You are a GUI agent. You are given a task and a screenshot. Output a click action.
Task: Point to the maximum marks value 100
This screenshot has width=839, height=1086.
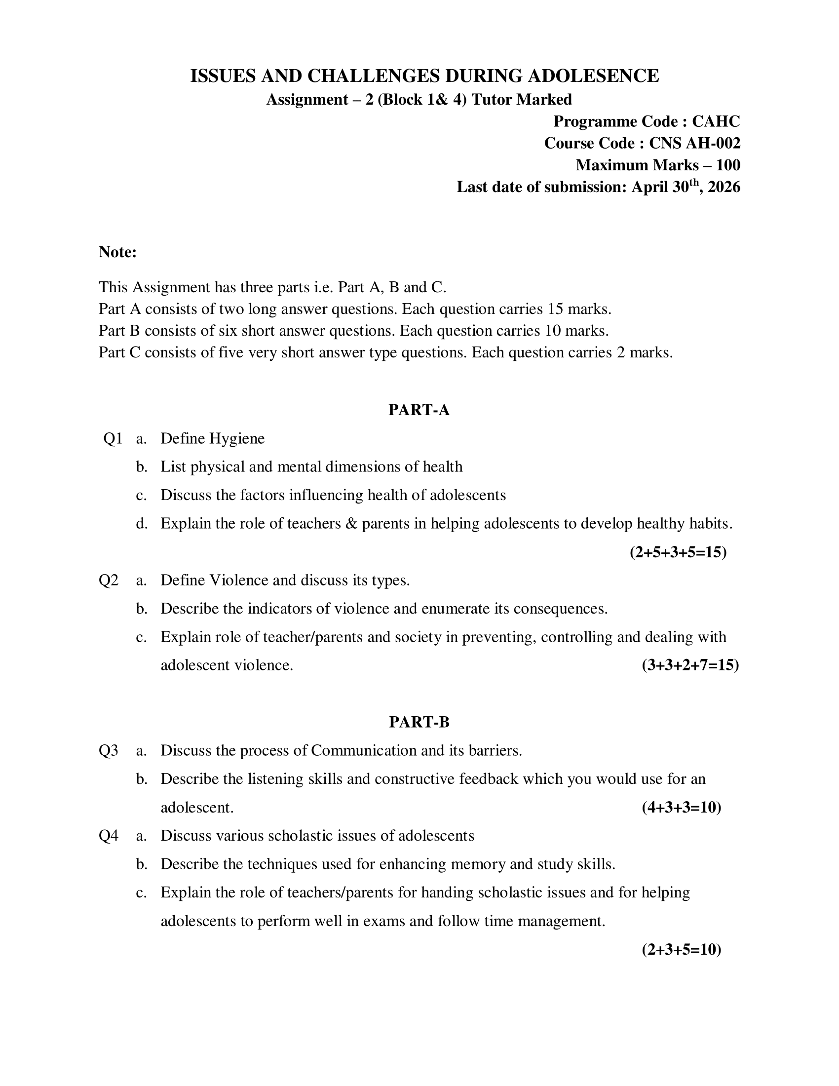pyautogui.click(x=727, y=165)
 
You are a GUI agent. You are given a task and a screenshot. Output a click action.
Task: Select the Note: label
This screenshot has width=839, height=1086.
pyautogui.click(x=118, y=252)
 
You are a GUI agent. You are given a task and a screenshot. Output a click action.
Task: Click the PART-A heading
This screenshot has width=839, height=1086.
pyautogui.click(x=419, y=410)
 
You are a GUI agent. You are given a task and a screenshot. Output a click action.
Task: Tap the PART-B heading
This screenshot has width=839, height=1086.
pyautogui.click(x=419, y=722)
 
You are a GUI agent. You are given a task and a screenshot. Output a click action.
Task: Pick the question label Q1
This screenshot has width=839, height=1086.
pyautogui.click(x=113, y=438)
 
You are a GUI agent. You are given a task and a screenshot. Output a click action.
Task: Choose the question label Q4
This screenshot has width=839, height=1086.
pyautogui.click(x=109, y=835)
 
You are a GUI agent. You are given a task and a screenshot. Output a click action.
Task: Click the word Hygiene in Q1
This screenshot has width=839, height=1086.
pyautogui.click(x=236, y=438)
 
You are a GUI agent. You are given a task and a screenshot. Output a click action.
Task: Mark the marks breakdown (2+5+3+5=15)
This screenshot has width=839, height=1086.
pyautogui.click(x=678, y=552)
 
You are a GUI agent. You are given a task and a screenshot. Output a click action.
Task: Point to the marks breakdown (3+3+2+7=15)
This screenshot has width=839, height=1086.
pyautogui.click(x=690, y=665)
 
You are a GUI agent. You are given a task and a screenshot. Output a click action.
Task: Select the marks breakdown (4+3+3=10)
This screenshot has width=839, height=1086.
pyautogui.click(x=681, y=807)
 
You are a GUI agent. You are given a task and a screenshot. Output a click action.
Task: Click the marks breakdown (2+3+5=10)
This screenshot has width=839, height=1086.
pyautogui.click(x=681, y=949)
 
